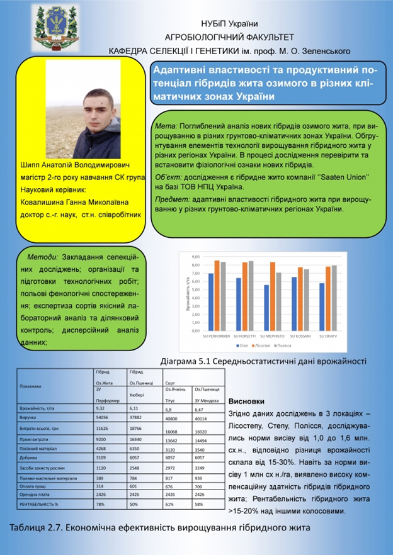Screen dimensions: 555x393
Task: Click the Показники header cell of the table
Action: point(31,386)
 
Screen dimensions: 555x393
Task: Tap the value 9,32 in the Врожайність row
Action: point(100,408)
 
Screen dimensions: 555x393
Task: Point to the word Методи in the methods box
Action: point(42,257)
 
